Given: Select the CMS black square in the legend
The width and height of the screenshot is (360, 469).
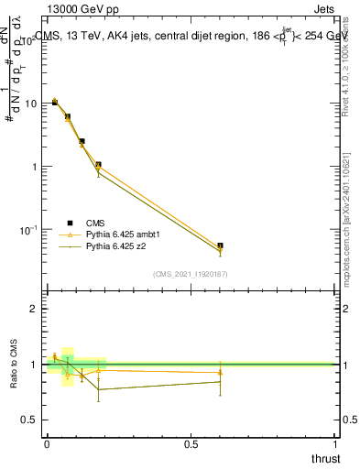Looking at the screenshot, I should point(70,223).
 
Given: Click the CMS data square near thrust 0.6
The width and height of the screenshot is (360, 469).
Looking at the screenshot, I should point(220,245).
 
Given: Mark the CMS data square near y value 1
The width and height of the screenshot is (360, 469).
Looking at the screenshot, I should point(98,165).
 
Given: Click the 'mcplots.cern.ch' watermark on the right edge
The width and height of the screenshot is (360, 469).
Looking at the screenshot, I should point(352,238).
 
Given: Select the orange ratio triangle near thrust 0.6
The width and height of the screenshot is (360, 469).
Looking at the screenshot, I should point(220,372).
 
